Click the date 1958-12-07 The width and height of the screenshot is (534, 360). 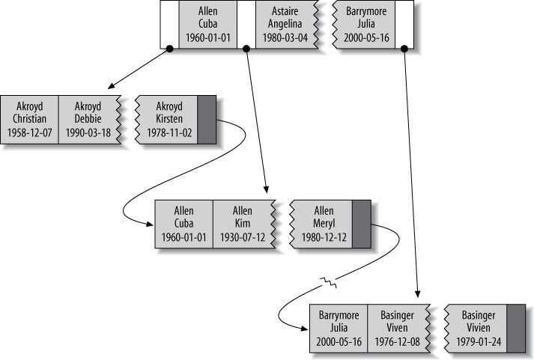(29, 132)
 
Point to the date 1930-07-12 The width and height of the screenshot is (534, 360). (243, 237)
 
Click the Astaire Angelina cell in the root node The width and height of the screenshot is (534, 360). (284, 25)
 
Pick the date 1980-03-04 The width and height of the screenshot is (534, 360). (284, 37)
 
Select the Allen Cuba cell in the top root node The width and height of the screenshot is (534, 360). (208, 25)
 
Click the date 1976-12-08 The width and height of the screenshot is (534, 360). (398, 342)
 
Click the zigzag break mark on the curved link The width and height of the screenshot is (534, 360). (327, 283)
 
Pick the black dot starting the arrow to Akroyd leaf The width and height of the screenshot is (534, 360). (170, 49)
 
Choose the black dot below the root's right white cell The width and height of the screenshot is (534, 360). (404, 49)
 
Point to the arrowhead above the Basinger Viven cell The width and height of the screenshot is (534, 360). (418, 299)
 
